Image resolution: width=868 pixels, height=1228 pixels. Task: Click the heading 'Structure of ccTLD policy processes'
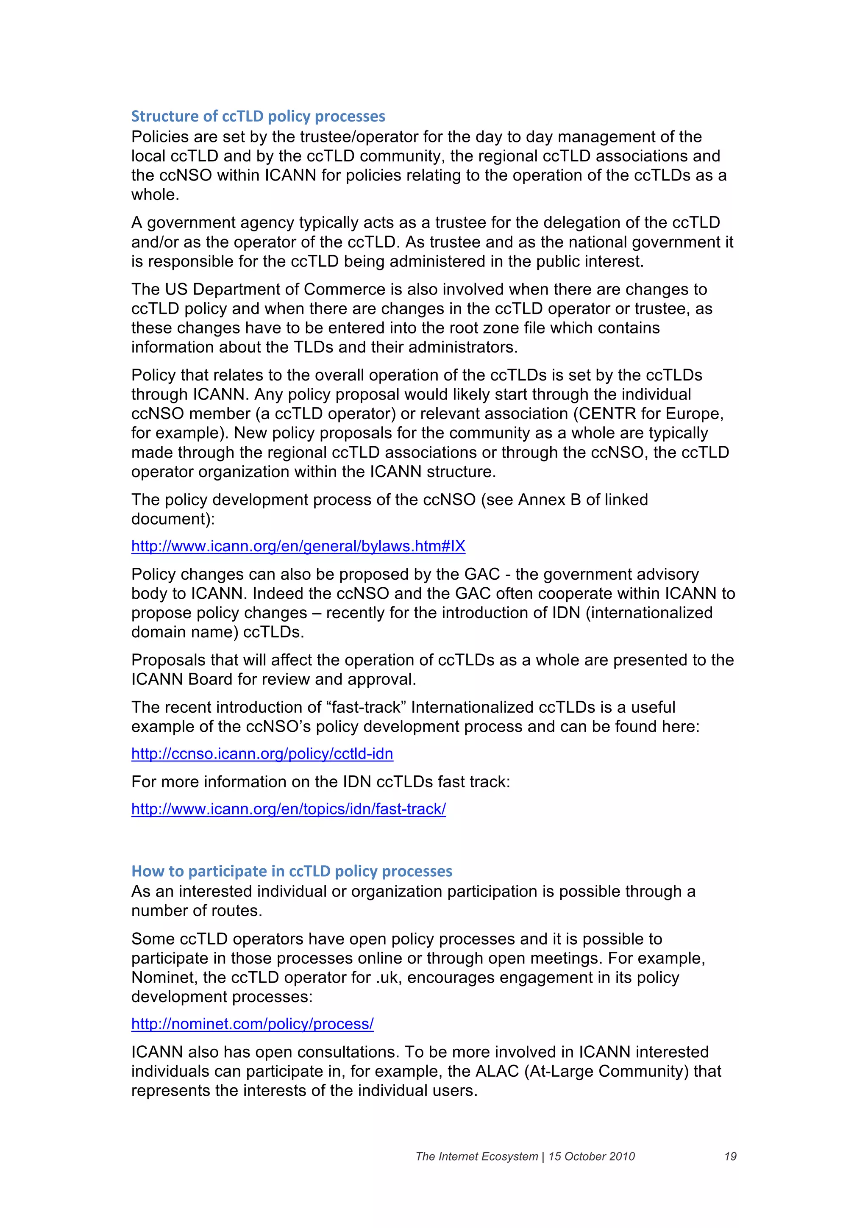[258, 116]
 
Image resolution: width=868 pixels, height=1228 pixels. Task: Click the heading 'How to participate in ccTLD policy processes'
[292, 871]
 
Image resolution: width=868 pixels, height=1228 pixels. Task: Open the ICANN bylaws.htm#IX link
[298, 546]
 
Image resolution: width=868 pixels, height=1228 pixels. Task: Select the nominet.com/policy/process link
[253, 1024]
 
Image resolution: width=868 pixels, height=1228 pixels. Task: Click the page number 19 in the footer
[730, 1156]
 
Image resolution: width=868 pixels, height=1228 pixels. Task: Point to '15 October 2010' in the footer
[592, 1156]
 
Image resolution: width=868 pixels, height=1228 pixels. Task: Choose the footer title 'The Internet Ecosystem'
[476, 1156]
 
